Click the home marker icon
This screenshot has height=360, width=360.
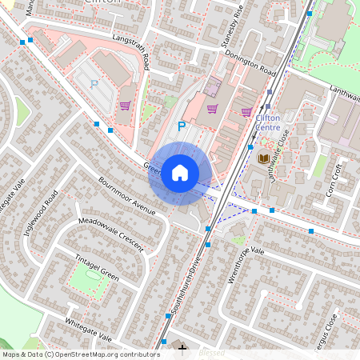tap(179, 172)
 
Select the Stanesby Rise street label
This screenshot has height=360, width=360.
tap(233, 23)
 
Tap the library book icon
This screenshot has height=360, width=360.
tap(263, 158)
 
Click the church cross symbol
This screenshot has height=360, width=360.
tap(183, 349)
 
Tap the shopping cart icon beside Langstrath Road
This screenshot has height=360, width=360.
tap(125, 105)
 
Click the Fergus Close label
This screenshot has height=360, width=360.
tap(331, 332)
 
